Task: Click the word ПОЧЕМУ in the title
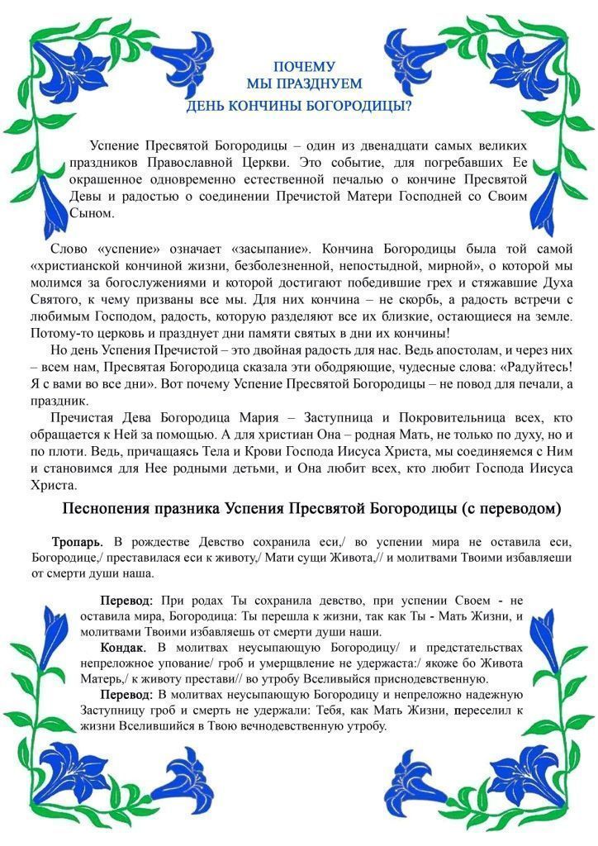point(305,66)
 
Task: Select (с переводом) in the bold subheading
point(512,509)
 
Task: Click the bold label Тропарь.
point(77,542)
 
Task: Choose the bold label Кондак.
point(125,648)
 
